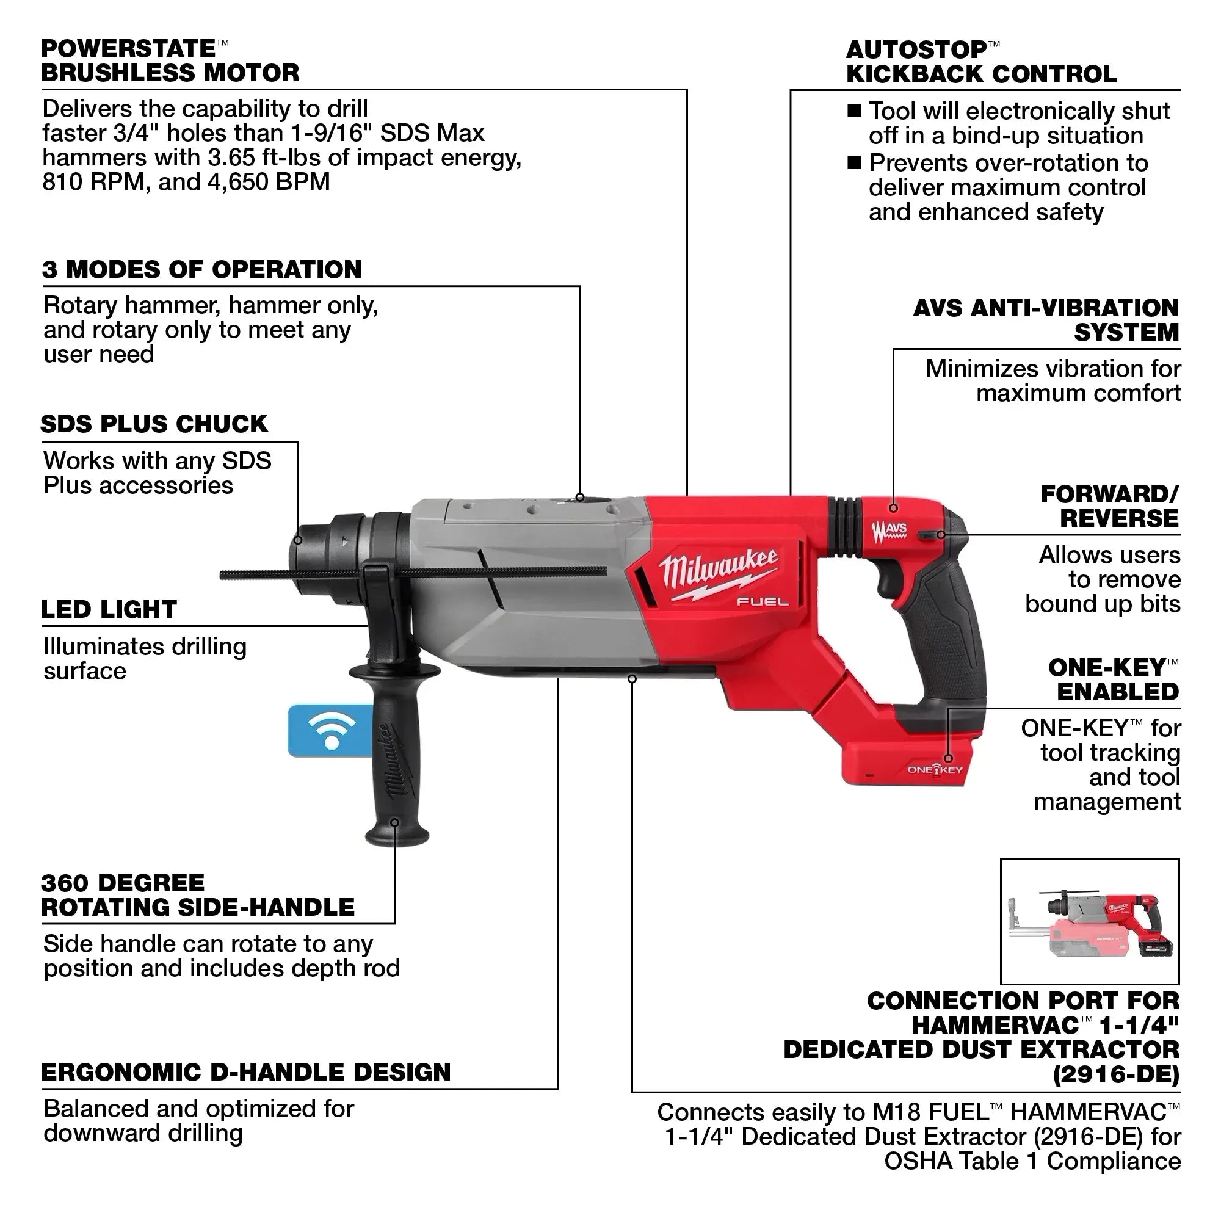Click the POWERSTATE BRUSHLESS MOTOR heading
click(x=169, y=61)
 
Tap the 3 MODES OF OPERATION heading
click(x=201, y=270)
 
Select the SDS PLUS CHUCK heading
click(x=154, y=424)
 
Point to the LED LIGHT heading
click(x=109, y=610)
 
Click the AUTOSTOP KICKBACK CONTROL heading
click(x=981, y=62)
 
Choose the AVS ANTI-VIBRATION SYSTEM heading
click(x=1046, y=321)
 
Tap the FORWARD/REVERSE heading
click(x=1110, y=506)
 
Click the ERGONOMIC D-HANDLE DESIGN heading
click(x=246, y=1073)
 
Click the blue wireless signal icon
click(x=330, y=731)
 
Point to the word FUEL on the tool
click(x=763, y=603)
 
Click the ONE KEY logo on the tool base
click(x=935, y=770)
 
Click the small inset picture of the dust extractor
click(x=1090, y=921)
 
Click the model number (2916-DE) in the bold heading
click(x=1116, y=1074)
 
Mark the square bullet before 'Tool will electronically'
click(x=854, y=111)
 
